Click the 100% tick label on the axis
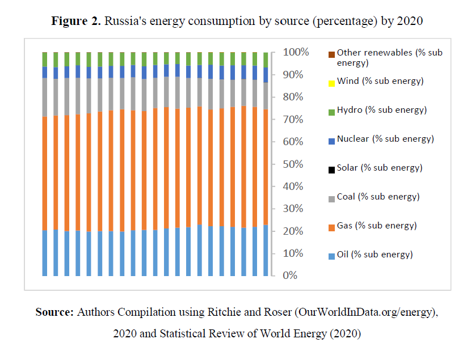[x=296, y=52]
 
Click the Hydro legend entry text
[x=381, y=110]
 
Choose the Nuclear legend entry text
[x=385, y=139]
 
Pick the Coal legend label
[x=378, y=197]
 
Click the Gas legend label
[x=377, y=226]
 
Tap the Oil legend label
[x=375, y=255]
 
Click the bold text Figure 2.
[x=76, y=22]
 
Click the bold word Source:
[x=55, y=312]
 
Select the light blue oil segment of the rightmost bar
[x=266, y=250]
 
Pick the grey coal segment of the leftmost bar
[x=45, y=97]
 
